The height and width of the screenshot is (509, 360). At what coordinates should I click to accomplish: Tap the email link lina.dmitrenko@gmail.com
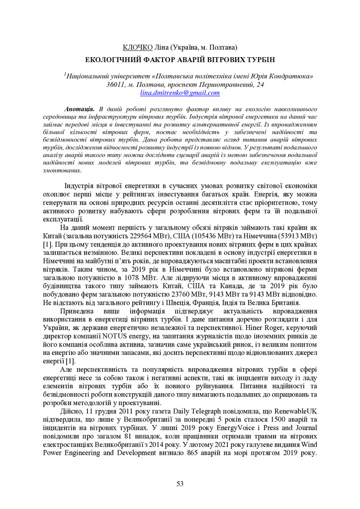coord(180,93)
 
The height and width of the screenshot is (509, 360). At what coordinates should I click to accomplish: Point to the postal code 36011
coord(116,85)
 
